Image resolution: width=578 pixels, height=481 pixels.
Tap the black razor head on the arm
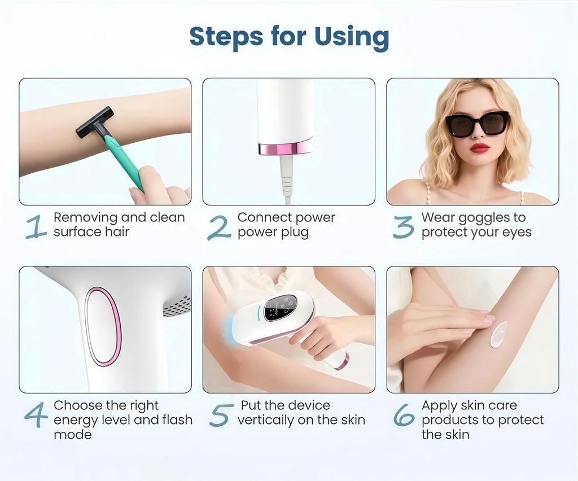tap(94, 122)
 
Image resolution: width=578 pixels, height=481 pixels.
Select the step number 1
tap(36, 226)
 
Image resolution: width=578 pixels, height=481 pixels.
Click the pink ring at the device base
tap(286, 148)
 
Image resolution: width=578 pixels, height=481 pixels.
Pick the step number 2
tap(219, 226)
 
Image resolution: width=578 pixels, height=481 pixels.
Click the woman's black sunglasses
tap(477, 124)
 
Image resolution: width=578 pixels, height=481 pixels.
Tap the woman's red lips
tap(480, 148)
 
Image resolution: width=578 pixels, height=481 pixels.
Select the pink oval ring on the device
tap(103, 326)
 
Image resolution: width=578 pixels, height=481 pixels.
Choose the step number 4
tap(36, 415)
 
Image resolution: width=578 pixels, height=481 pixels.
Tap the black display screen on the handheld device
tap(280, 307)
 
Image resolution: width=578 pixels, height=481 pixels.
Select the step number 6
tap(403, 415)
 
